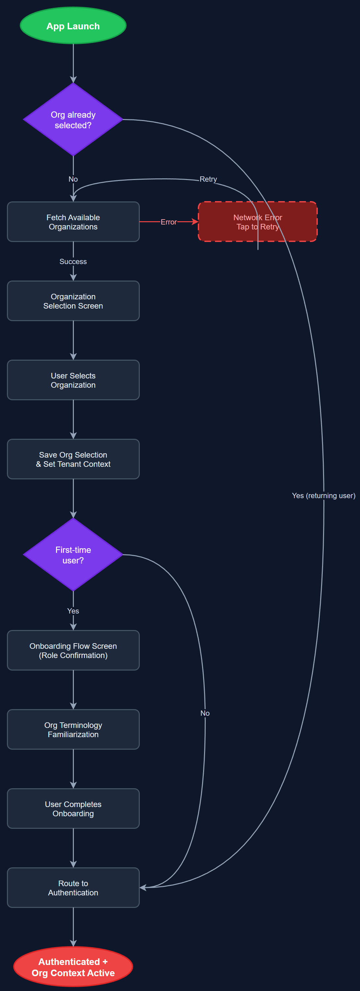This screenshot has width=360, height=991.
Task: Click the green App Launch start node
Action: (73, 26)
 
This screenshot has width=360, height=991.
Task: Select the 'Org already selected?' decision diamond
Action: (73, 120)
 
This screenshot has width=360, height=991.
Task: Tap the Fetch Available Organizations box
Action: (73, 222)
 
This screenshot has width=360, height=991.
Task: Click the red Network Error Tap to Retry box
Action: (257, 222)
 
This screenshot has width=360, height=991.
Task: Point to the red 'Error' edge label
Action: (168, 222)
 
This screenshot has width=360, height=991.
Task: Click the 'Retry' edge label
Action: (208, 179)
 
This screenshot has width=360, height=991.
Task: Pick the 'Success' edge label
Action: (73, 262)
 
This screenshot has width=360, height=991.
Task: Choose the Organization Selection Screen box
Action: (73, 301)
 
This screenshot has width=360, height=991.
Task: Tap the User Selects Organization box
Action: (73, 380)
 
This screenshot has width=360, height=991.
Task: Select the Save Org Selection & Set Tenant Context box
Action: (73, 459)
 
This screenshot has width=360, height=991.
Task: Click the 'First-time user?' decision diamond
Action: (73, 555)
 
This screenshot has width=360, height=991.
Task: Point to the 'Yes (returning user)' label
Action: (323, 495)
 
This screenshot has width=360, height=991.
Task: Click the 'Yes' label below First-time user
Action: (73, 611)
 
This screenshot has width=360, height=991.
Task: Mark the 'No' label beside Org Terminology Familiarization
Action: (205, 713)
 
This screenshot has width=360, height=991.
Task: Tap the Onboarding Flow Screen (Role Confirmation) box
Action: (73, 650)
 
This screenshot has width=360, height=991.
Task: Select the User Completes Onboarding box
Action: (73, 809)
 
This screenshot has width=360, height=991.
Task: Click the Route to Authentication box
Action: (73, 888)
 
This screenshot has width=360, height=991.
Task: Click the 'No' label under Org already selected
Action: (73, 179)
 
